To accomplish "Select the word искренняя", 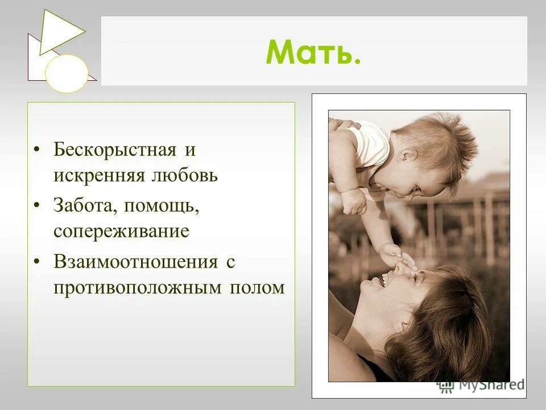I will tap(92, 175).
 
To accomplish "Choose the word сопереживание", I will tap(121, 231).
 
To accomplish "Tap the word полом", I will tap(257, 288).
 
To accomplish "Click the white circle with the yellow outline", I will tap(67, 73).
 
